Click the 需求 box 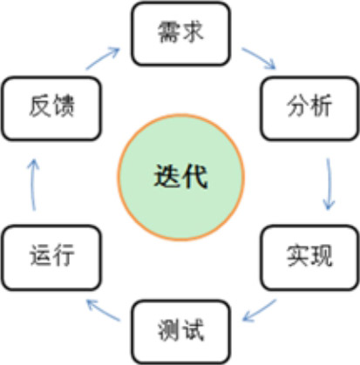tap(180, 33)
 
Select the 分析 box tap(309, 108)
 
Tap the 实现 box tap(309, 258)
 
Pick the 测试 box tap(180, 332)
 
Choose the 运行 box tap(51, 258)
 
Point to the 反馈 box tap(51, 108)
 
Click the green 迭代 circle tap(180, 177)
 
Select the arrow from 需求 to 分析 tap(259, 58)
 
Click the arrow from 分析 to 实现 tap(329, 184)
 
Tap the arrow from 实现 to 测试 tap(259, 311)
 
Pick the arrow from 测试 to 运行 tap(103, 310)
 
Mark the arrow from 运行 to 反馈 tap(33, 185)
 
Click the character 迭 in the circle tap(166, 176)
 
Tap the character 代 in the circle tap(195, 176)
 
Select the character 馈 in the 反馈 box tap(64, 105)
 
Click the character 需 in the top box tap(168, 31)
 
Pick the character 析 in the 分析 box tap(321, 105)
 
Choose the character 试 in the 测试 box tap(193, 330)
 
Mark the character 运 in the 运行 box tap(40, 255)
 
